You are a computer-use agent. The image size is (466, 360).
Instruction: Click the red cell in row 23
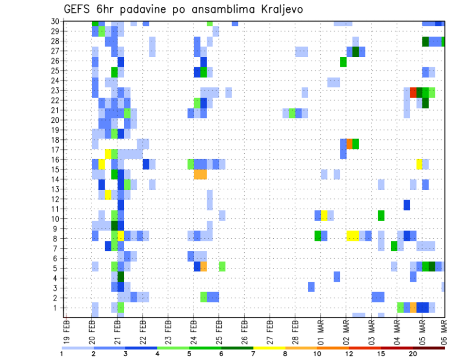pos(413,92)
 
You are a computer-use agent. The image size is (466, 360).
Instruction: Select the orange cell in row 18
pos(349,144)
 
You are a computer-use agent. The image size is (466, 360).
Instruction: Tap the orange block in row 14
pos(200,174)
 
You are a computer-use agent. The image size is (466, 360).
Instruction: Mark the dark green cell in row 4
pos(120,278)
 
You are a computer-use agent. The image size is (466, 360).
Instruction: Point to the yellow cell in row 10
pos(324,215)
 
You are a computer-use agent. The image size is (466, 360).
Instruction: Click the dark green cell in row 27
pos(355,51)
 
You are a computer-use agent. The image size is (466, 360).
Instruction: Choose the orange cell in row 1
pos(413,308)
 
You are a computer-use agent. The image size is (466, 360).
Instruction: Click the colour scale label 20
pos(413,354)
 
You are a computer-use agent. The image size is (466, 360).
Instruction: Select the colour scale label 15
pos(381,354)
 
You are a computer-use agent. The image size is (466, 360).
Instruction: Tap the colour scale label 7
pos(253,354)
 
